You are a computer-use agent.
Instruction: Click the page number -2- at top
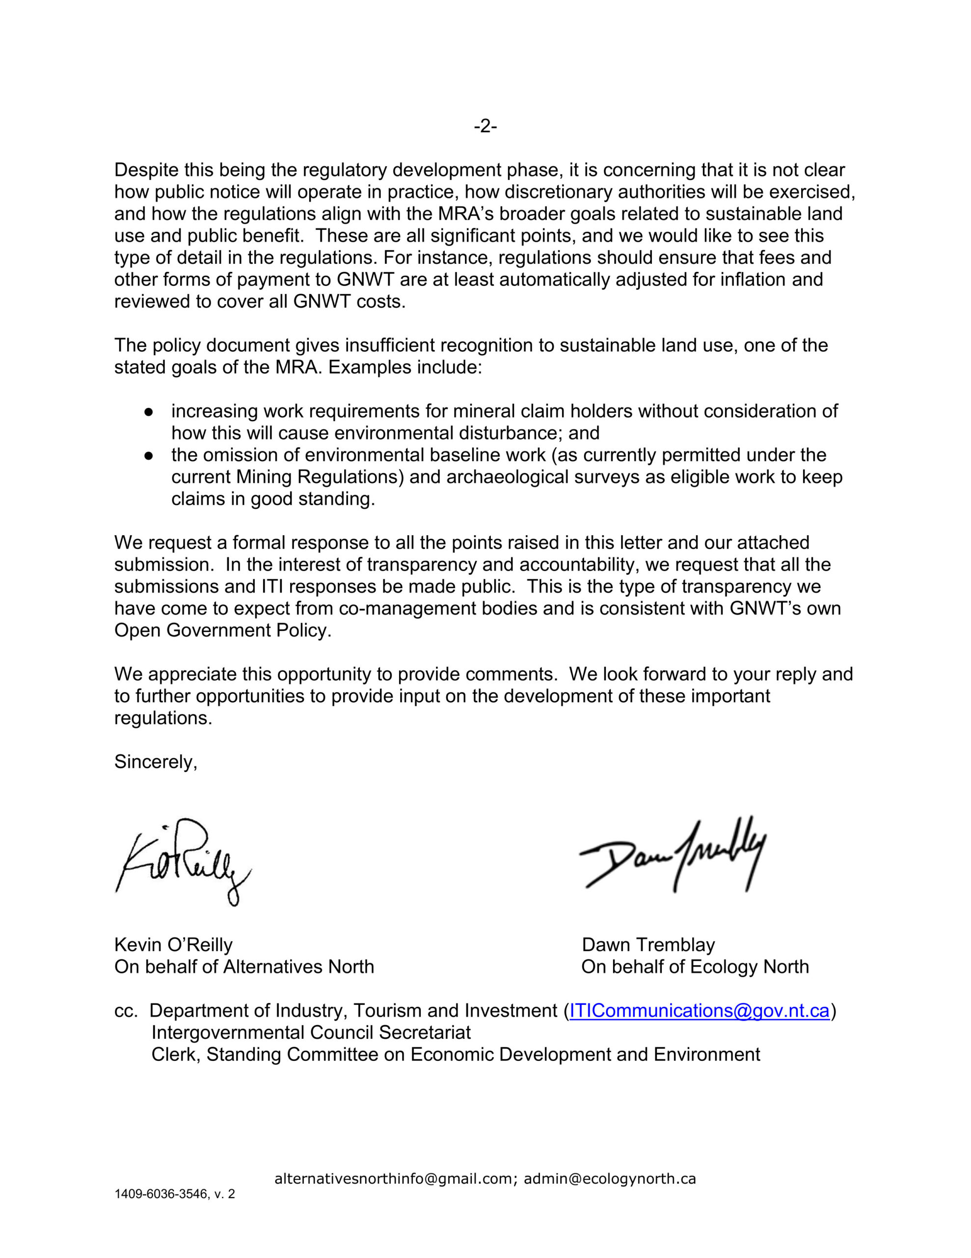point(485,126)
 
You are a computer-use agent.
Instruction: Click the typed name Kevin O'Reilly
point(173,944)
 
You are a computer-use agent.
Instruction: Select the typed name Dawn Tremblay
point(648,944)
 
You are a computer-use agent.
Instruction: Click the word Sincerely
point(156,762)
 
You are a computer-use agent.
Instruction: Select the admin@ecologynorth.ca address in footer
point(610,1178)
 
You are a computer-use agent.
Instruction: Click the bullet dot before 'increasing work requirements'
point(149,412)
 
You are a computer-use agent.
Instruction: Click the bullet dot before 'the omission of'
point(149,456)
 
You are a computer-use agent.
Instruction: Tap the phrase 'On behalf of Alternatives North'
point(244,967)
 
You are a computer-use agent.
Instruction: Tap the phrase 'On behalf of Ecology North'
point(695,967)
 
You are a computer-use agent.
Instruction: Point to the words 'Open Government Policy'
point(222,630)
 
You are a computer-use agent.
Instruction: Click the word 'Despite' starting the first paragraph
point(146,170)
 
